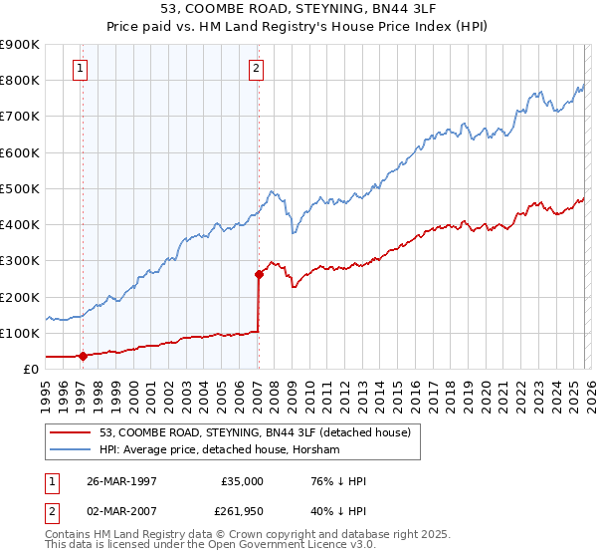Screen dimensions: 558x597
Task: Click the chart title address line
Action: pos(298,9)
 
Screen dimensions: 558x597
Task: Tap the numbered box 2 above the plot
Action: pos(257,69)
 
